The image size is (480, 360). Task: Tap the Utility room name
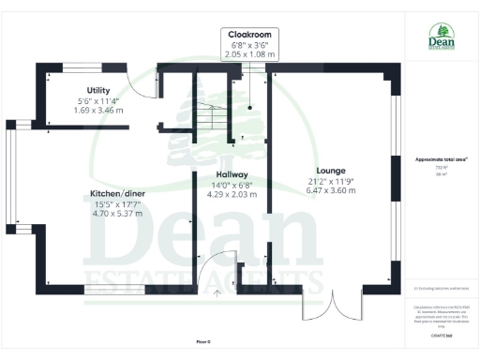[93, 90]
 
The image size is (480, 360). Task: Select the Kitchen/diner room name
[116, 193]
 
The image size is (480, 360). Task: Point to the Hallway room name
[232, 174]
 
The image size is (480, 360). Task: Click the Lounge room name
[330, 170]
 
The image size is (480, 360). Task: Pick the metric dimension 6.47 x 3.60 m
[330, 190]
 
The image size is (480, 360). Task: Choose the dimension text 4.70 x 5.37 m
[116, 214]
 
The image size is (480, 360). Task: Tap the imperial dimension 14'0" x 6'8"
[232, 185]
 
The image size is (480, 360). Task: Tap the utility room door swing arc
[140, 85]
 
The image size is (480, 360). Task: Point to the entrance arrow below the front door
[218, 293]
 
